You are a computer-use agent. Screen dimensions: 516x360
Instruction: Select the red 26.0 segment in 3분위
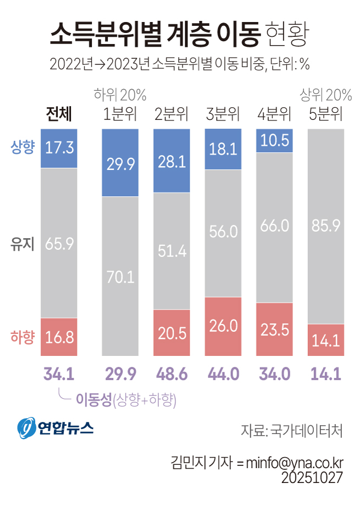click(222, 326)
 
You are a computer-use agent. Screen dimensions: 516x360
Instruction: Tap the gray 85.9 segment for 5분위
click(326, 226)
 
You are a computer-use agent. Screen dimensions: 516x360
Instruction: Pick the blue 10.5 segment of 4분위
click(274, 141)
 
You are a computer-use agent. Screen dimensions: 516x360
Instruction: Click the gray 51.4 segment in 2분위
click(171, 251)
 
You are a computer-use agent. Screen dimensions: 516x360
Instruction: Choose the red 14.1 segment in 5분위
click(326, 340)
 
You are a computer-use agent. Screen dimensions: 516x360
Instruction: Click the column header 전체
click(59, 114)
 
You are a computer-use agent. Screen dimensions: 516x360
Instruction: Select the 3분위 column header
click(222, 114)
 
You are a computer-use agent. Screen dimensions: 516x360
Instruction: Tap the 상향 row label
click(23, 146)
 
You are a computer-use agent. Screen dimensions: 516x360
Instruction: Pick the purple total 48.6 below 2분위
click(171, 375)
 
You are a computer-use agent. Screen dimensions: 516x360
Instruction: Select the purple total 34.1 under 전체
click(59, 375)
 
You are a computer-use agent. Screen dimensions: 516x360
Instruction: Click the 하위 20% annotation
click(120, 95)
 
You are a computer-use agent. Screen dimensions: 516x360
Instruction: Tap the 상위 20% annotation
click(325, 95)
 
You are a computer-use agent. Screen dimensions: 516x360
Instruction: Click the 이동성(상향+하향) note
click(125, 400)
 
